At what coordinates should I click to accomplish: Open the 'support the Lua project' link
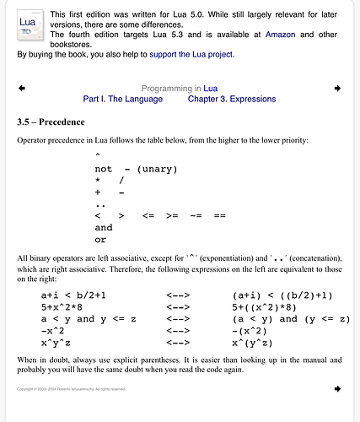pos(192,54)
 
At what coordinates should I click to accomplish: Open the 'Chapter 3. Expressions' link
pos(232,100)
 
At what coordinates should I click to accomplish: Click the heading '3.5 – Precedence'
pos(51,122)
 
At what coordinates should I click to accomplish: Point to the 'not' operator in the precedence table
pos(104,169)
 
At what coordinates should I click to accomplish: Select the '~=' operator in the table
pos(196,216)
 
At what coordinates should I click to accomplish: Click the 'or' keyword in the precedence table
pos(101,240)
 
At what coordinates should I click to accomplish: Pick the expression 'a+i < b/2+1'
pos(84,295)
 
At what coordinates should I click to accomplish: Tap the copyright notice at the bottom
pos(71,389)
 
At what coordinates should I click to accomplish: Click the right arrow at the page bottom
pos(337,389)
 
